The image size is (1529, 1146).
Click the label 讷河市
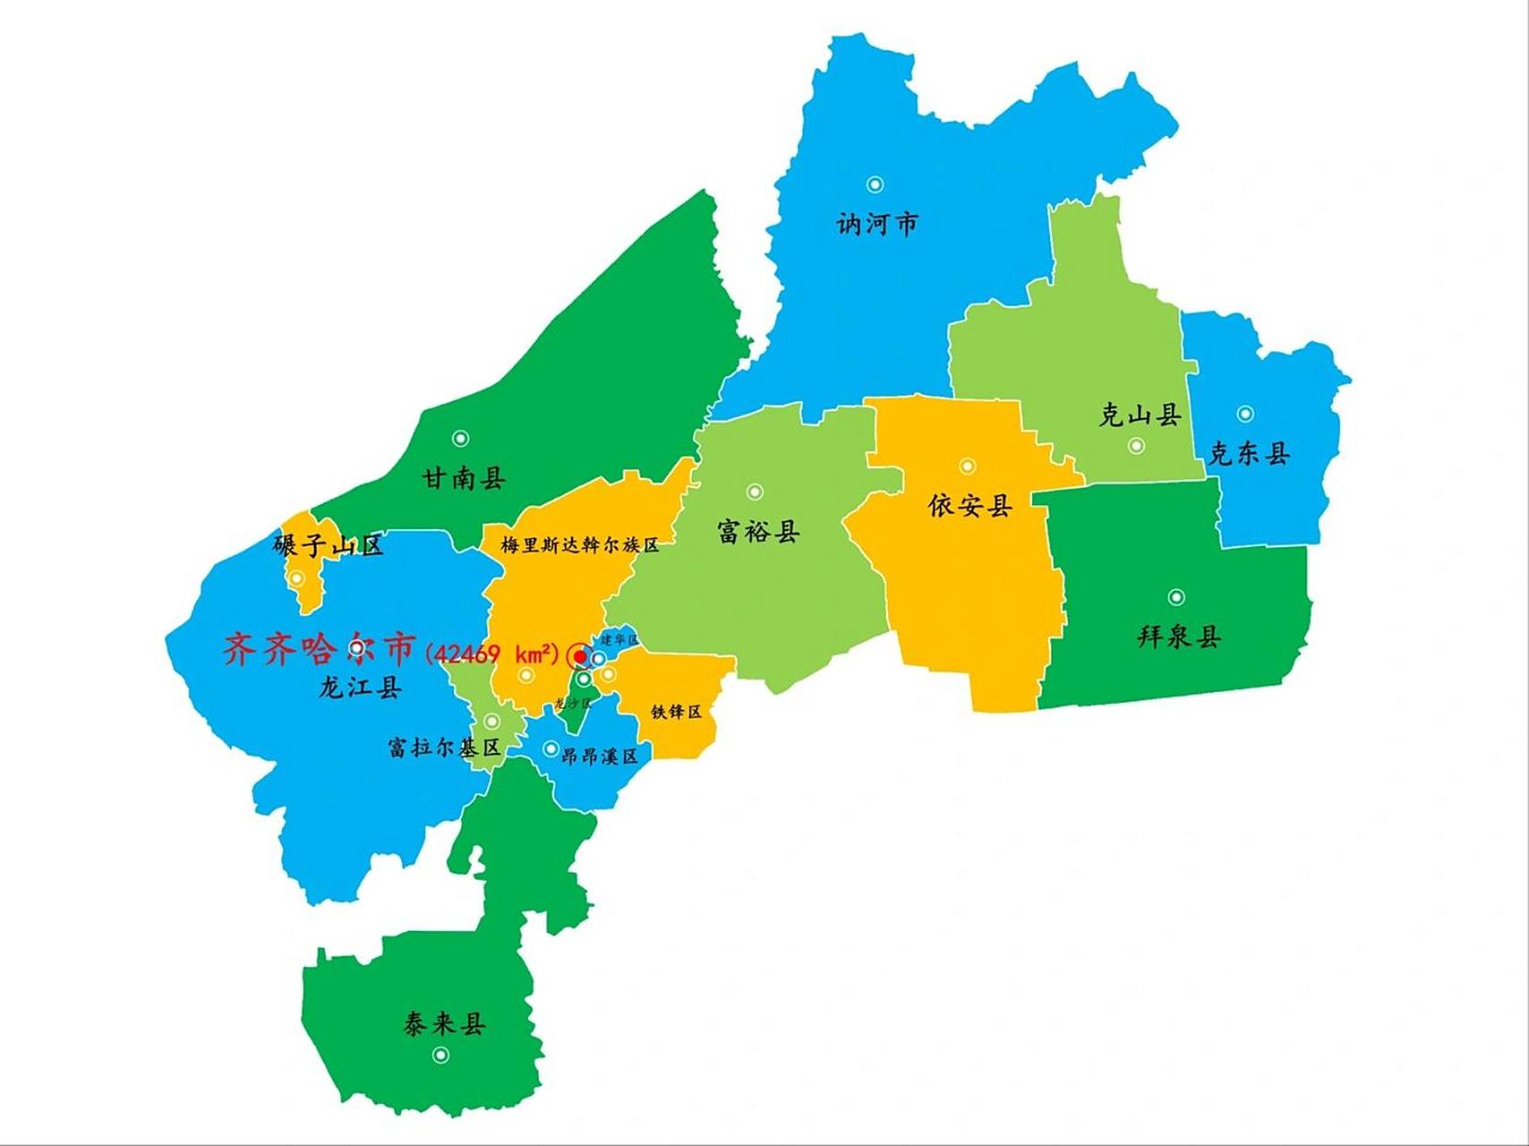point(877,224)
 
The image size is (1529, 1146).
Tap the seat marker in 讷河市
point(875,184)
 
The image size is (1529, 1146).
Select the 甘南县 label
point(464,478)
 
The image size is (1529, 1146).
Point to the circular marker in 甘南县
point(460,438)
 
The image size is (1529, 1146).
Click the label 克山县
point(1140,415)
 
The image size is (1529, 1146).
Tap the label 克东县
point(1250,454)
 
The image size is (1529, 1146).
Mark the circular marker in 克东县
point(1244,414)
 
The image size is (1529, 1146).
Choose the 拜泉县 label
point(1179,637)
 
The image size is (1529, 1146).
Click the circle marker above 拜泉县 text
point(1176,597)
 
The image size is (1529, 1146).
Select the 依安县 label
point(970,506)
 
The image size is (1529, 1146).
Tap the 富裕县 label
point(758,532)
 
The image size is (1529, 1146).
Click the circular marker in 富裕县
point(755,492)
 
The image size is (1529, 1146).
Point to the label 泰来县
point(444,1023)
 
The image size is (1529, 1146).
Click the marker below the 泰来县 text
point(440,1056)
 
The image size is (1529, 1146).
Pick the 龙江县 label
point(360,688)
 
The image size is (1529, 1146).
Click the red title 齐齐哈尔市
point(320,648)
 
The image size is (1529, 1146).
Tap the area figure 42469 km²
point(491,654)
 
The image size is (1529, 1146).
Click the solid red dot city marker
point(579,657)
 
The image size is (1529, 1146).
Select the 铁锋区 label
point(676,712)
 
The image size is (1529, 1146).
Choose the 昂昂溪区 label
point(599,757)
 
